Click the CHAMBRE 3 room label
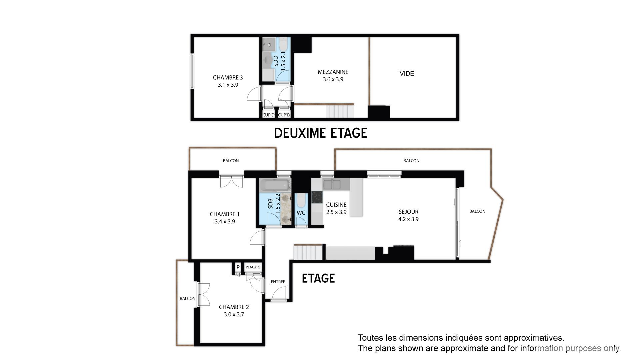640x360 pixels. pos(228,77)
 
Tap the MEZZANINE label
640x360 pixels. pos(333,72)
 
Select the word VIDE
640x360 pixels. pos(407,73)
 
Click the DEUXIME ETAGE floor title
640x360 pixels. pos(320,133)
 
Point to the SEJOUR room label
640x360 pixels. pos(408,212)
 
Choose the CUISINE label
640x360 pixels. pos(336,205)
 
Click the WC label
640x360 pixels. pos(301,213)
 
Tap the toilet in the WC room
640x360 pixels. pos(301,200)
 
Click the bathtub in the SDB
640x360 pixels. pos(275,185)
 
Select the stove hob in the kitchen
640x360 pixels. pos(317,197)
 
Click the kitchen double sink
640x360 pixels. pos(332,184)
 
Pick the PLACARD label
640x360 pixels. pos(253,267)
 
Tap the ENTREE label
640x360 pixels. pos(278,282)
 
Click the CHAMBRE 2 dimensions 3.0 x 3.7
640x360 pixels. pos(234,314)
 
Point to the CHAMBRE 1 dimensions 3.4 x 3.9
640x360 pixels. pos(225,221)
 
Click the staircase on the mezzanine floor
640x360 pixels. pos(339,111)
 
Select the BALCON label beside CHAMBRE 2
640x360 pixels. pos(188,298)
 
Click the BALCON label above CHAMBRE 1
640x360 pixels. pos(231,161)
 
